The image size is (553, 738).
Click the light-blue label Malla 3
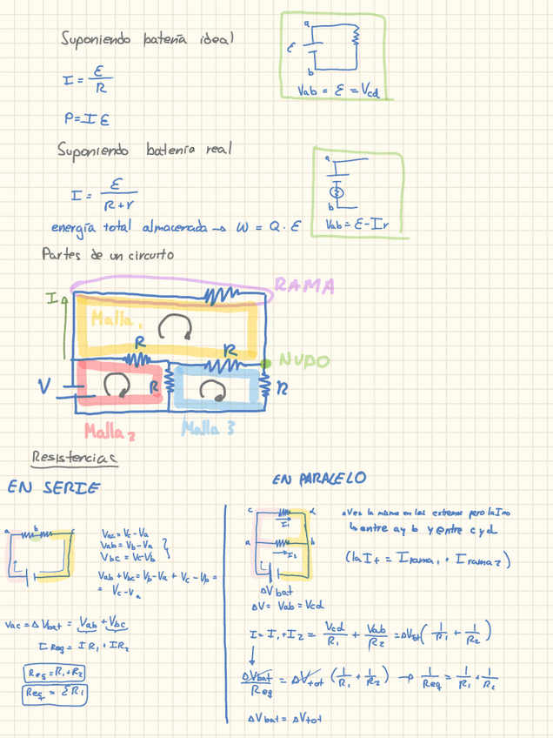click(x=207, y=428)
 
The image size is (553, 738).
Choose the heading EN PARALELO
click(x=319, y=479)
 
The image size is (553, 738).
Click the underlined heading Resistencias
click(x=74, y=457)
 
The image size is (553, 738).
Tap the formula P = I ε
click(x=86, y=118)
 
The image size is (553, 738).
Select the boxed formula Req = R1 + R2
click(x=52, y=673)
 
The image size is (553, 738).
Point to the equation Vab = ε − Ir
click(x=356, y=225)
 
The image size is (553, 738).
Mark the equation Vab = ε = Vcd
click(x=337, y=90)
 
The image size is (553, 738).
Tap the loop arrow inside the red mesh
click(x=116, y=385)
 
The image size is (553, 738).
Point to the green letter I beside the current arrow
click(x=52, y=299)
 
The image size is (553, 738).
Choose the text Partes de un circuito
click(x=107, y=255)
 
